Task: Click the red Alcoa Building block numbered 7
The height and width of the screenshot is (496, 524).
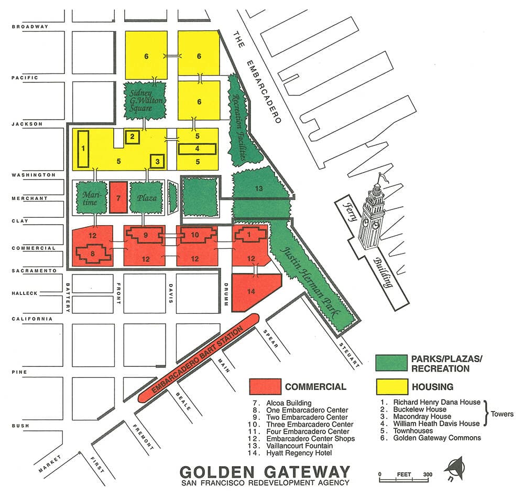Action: tap(118, 197)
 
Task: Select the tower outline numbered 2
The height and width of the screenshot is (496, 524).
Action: tap(133, 137)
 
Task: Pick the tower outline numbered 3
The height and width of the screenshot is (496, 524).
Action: tap(157, 162)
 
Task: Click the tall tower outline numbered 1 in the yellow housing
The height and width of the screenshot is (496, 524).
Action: tap(83, 149)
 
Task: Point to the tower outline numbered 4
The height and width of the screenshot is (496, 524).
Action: tap(197, 149)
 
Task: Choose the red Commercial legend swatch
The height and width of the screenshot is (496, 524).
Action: tap(265, 387)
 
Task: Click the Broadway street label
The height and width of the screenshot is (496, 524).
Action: tap(29, 27)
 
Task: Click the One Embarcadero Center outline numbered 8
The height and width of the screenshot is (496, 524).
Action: tap(93, 254)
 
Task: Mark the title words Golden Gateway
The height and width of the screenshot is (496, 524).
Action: tap(264, 471)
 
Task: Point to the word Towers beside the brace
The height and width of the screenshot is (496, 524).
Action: tap(502, 414)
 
